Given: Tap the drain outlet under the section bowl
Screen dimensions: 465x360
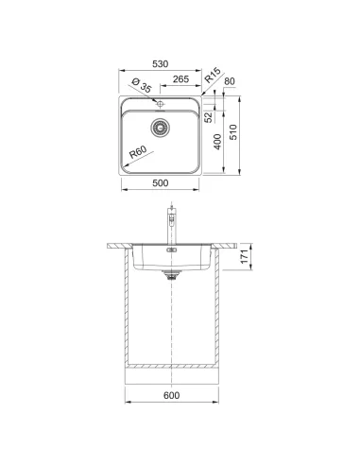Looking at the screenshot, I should [171, 276].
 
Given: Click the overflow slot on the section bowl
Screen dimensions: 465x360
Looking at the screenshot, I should [171, 252].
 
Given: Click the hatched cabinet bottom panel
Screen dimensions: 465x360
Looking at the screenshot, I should [172, 365].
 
